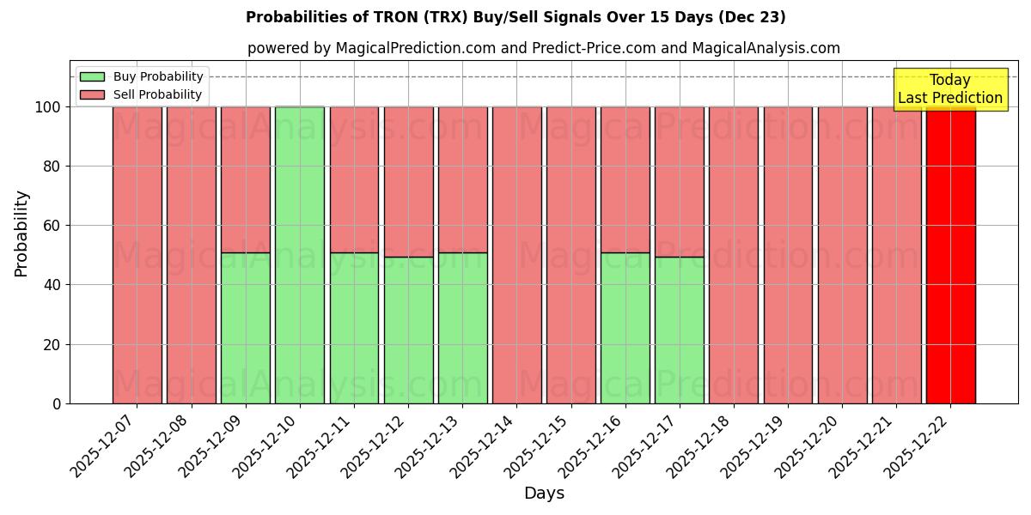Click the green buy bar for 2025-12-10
pyautogui.click(x=300, y=255)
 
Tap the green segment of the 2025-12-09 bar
pyautogui.click(x=245, y=328)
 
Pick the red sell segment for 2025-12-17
pyautogui.click(x=679, y=181)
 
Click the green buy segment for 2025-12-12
pyautogui.click(x=408, y=330)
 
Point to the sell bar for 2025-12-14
pyautogui.click(x=516, y=255)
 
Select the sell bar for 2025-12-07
pyautogui.click(x=137, y=255)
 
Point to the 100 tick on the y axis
pyautogui.click(x=47, y=107)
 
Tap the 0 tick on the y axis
pyautogui.click(x=57, y=403)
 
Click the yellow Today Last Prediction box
pyautogui.click(x=950, y=89)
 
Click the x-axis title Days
pyautogui.click(x=544, y=494)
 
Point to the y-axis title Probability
pyautogui.click(x=21, y=233)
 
